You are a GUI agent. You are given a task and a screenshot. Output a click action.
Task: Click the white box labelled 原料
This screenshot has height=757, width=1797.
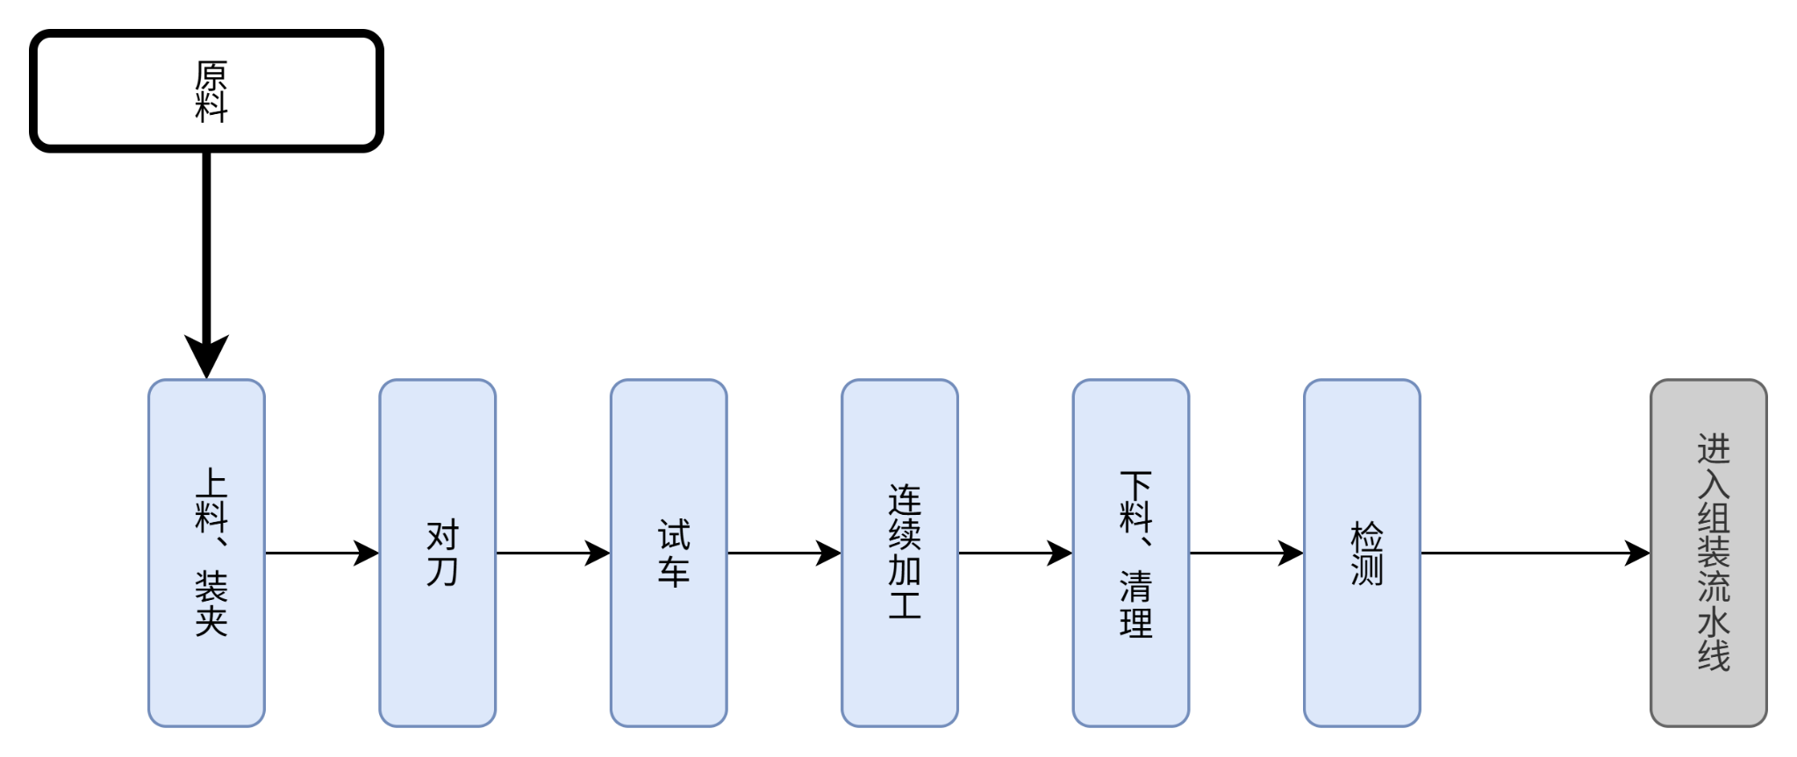coord(206,90)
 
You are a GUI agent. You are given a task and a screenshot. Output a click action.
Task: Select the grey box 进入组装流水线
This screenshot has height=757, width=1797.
coord(1708,553)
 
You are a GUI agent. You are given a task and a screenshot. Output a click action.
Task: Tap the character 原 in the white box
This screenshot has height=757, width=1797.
coord(211,75)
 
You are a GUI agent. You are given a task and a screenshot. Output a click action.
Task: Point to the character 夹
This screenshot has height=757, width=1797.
coord(211,620)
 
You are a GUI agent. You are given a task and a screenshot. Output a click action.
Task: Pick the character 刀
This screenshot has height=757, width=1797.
coord(441,570)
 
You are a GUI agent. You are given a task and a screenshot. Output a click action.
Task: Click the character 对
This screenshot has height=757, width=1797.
coord(441,535)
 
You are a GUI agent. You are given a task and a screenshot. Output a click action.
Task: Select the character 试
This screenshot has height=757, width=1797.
coord(673,535)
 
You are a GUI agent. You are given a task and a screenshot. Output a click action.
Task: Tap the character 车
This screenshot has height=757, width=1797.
coord(673,570)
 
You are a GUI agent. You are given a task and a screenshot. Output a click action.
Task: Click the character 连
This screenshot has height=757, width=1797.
coord(904,501)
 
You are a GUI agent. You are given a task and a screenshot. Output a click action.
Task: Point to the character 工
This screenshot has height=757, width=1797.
coord(904,604)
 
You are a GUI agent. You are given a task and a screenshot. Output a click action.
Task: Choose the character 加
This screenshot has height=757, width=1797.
coord(904,570)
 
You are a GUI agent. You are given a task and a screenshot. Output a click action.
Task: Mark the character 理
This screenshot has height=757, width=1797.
coord(1135,621)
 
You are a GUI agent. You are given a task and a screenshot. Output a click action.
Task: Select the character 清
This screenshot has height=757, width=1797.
coord(1135,586)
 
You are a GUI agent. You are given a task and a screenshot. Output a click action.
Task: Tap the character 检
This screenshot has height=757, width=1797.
coord(1366,535)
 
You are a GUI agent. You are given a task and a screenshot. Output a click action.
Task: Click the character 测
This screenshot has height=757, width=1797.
coord(1366,570)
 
